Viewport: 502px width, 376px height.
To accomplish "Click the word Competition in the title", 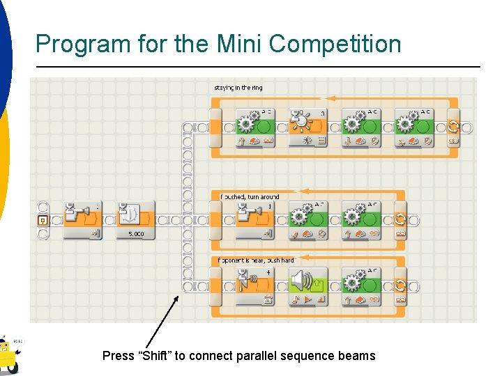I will [335, 44].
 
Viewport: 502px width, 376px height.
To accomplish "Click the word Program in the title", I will [73, 44].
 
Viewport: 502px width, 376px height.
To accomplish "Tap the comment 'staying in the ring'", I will [238, 88].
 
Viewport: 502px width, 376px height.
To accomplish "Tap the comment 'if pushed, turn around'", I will [250, 197].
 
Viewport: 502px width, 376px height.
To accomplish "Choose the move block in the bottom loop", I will [362, 285].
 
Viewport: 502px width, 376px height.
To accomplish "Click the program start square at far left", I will [43, 221].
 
